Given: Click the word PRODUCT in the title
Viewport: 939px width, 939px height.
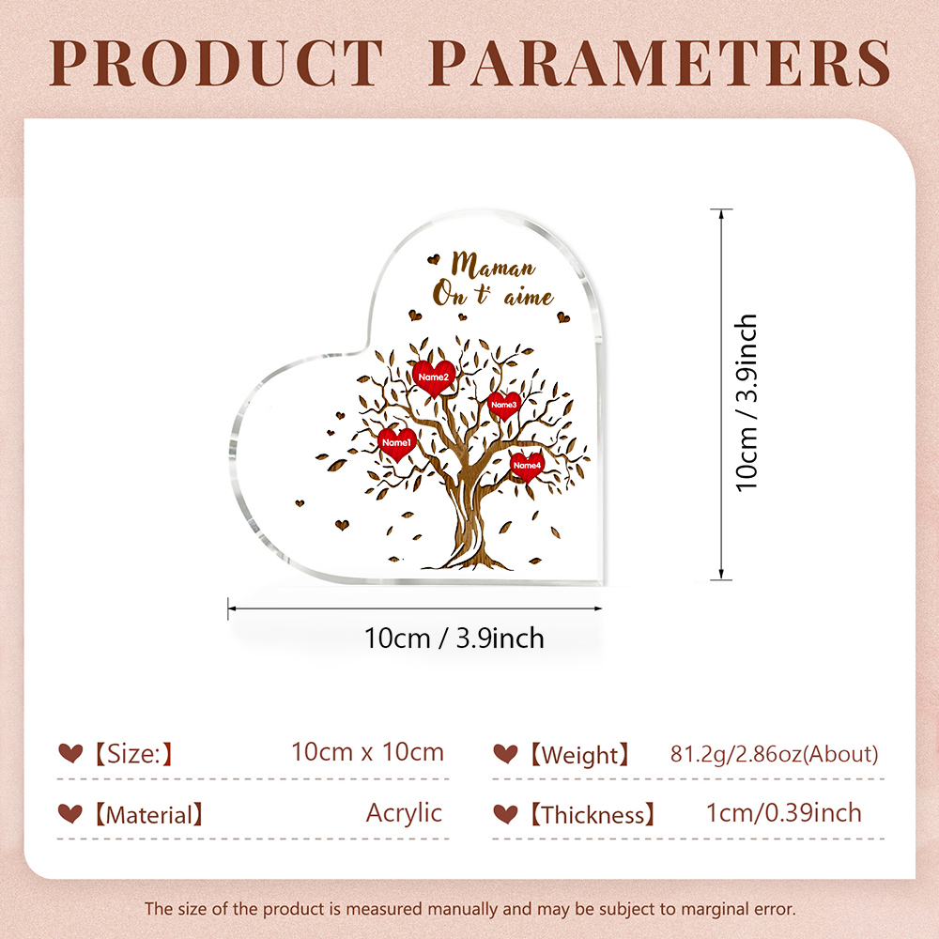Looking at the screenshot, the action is click(216, 63).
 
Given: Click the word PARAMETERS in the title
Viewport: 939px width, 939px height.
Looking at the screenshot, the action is click(660, 63).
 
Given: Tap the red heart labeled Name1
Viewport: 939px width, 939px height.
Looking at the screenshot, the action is click(397, 444).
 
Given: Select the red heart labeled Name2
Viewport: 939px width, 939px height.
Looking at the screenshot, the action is click(434, 377).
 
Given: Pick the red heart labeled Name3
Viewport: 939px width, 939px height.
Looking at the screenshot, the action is click(503, 406).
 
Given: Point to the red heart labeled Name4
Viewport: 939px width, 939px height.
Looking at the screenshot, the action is click(527, 467).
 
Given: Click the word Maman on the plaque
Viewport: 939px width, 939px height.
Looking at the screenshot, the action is click(493, 265).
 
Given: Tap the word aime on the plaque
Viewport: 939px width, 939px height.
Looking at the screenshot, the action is click(528, 298).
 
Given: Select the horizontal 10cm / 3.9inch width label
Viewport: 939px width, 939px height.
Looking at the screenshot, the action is click(454, 639).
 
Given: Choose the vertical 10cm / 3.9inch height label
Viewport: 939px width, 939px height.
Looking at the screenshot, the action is click(747, 403).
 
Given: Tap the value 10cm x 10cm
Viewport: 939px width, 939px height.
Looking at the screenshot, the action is click(368, 752).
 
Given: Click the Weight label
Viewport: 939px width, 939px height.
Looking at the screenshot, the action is click(579, 755).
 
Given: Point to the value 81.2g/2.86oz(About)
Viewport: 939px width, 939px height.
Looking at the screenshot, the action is click(775, 754).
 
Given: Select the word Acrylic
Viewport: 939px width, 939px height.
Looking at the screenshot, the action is click(404, 813).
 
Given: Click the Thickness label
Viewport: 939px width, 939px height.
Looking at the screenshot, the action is click(593, 815).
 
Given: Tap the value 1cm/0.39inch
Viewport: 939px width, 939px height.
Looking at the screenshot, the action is click(784, 813).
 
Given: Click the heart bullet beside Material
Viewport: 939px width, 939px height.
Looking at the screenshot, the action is click(70, 813).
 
